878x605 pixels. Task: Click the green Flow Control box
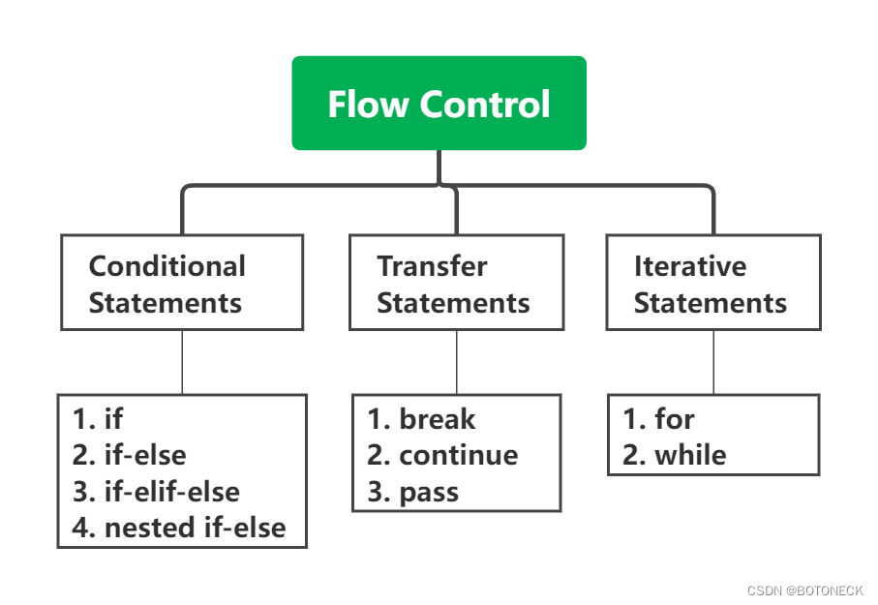439,104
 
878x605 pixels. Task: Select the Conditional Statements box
182,283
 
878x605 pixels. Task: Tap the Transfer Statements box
456,283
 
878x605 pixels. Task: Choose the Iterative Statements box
713,283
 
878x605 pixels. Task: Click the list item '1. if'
98,418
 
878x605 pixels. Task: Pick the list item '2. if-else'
130,455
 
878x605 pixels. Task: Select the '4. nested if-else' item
179,529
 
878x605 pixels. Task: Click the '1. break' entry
421,419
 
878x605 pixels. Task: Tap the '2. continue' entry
442,455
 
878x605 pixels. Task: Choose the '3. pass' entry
412,492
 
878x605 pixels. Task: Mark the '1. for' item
658,419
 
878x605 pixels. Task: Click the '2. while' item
674,455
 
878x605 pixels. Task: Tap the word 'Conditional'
167,266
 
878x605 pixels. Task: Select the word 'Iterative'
690,266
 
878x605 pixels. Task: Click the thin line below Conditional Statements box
182,362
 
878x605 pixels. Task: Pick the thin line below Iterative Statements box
713,362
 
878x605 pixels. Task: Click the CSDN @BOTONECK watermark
804,590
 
